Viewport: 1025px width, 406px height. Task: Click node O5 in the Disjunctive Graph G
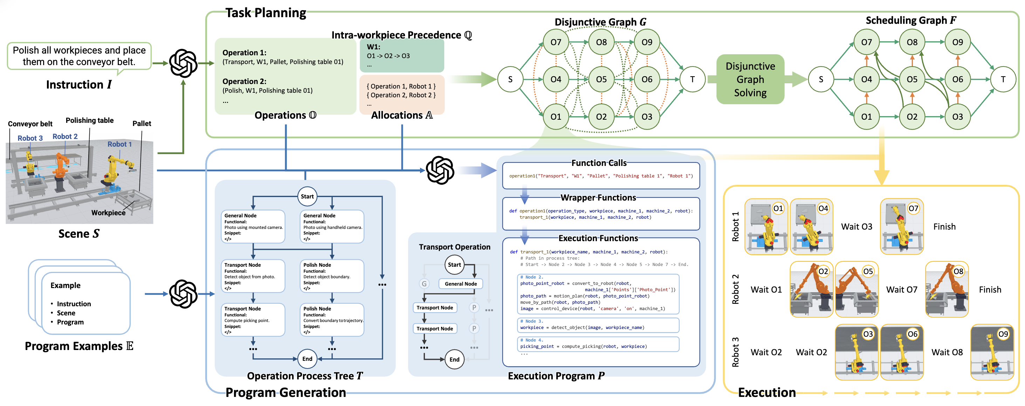pyautogui.click(x=601, y=79)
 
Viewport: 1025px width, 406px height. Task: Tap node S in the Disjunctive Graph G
pyautogui.click(x=510, y=79)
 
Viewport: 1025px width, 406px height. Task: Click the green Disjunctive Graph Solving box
pyautogui.click(x=750, y=79)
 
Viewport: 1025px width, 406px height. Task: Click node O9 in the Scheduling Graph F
pyautogui.click(x=957, y=42)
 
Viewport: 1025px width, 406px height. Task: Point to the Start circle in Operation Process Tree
pyautogui.click(x=307, y=196)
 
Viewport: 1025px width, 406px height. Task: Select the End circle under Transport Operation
pyautogui.click(x=454, y=359)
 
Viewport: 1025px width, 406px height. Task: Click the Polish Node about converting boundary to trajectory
pyautogui.click(x=332, y=320)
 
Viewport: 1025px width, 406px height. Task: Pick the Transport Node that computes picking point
pyautogui.click(x=253, y=320)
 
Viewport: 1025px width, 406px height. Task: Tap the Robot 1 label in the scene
pyautogui.click(x=119, y=144)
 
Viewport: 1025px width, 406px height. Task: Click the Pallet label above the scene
pyautogui.click(x=142, y=124)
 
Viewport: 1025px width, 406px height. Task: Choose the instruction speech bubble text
pyautogui.click(x=79, y=56)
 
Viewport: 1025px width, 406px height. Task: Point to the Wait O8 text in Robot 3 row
pyautogui.click(x=947, y=352)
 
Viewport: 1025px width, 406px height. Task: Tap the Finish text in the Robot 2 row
pyautogui.click(x=990, y=289)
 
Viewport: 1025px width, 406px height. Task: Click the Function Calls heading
pyautogui.click(x=598, y=163)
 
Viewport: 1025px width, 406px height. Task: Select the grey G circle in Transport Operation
pyautogui.click(x=424, y=283)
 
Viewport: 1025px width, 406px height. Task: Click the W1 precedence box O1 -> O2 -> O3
pyautogui.click(x=401, y=56)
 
